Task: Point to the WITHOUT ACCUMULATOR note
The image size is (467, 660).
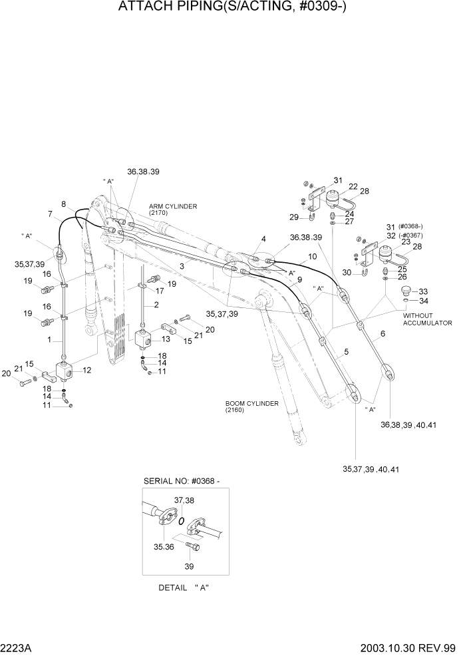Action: click(427, 319)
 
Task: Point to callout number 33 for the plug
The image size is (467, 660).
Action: click(422, 291)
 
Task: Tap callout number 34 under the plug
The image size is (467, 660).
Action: click(422, 301)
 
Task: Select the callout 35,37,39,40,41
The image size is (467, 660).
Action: click(371, 469)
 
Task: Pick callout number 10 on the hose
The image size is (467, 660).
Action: click(312, 257)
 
